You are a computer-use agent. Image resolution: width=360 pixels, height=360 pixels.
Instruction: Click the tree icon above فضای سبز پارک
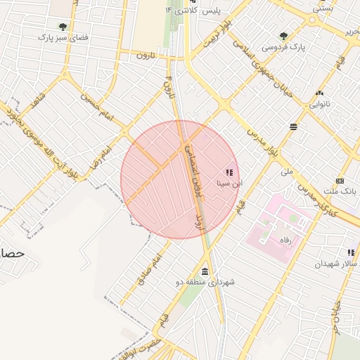pyautogui.click(x=63, y=27)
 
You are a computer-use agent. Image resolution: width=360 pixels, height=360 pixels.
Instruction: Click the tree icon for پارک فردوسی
pyautogui.click(x=283, y=36)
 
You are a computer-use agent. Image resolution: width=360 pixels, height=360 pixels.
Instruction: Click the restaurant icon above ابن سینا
pyautogui.click(x=229, y=172)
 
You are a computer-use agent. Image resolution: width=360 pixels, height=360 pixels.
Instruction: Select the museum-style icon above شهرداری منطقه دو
pyautogui.click(x=205, y=271)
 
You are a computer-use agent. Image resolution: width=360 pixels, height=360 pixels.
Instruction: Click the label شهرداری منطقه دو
pyautogui.click(x=209, y=282)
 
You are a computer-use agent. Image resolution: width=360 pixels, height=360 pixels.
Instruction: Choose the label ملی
pyautogui.click(x=286, y=171)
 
